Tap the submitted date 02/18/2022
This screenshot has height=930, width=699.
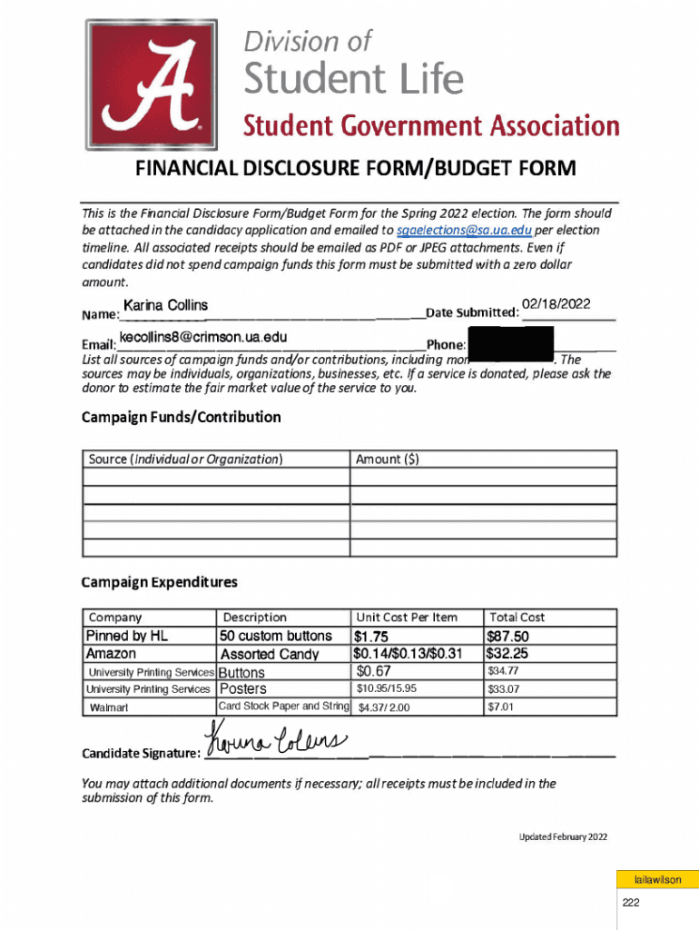coord(557,304)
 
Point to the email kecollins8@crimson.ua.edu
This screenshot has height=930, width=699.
coord(203,338)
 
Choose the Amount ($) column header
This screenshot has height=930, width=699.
coord(388,460)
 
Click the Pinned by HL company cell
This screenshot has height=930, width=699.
coord(127,636)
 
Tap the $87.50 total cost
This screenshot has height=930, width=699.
coord(507,637)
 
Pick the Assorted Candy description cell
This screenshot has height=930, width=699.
coord(270,654)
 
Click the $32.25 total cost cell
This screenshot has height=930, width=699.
coord(507,653)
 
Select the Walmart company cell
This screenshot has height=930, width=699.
coord(108,707)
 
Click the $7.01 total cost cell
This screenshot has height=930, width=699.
coord(501,706)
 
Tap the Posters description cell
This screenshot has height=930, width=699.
coord(244,688)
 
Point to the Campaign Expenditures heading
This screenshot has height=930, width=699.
coord(159,581)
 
